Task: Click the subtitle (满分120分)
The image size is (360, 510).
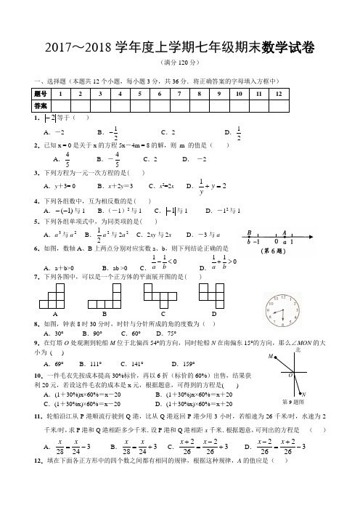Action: pos(179,64)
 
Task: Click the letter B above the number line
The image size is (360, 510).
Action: pos(250,233)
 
